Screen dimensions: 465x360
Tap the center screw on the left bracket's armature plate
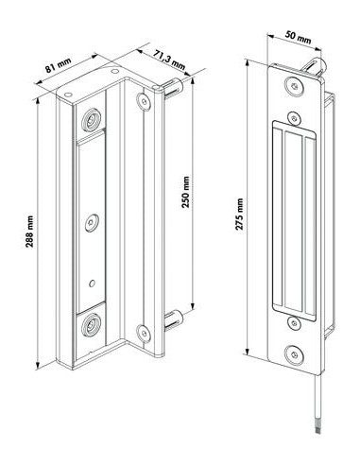(x=91, y=222)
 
